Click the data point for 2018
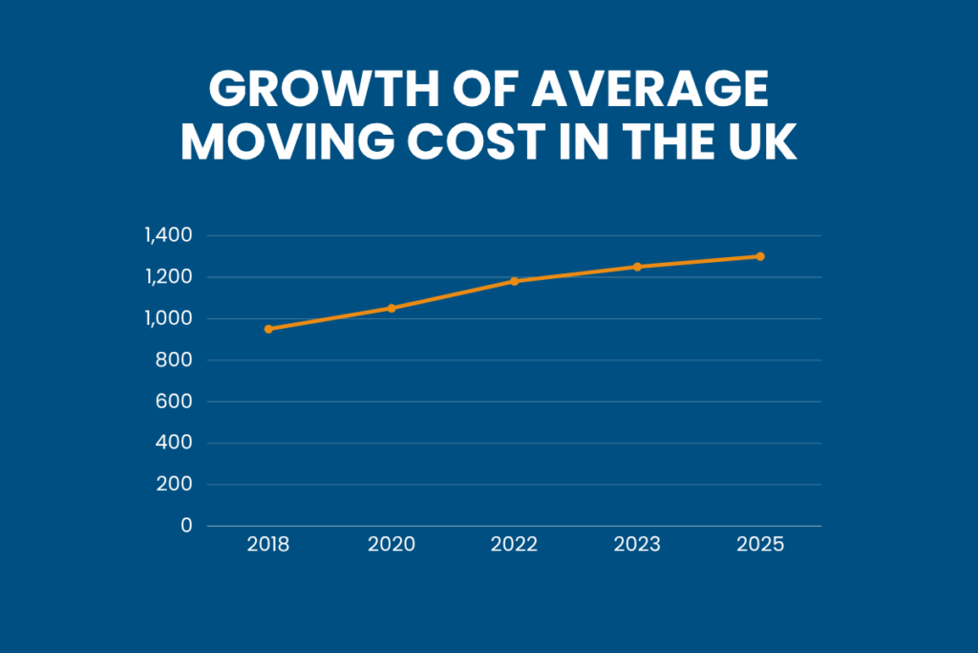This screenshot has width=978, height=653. tap(268, 329)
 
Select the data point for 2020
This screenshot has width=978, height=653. tap(392, 308)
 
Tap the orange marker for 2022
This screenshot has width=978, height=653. tap(514, 281)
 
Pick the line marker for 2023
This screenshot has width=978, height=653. tap(637, 267)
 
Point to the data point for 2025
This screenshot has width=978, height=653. tap(760, 256)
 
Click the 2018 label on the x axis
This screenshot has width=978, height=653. tap(268, 545)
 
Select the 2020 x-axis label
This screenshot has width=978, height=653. tap(392, 545)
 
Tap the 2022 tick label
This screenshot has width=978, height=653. tap(514, 545)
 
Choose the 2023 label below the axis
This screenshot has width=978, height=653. tap(637, 545)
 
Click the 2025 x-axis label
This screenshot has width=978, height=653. tap(760, 545)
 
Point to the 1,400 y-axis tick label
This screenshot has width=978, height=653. tap(168, 235)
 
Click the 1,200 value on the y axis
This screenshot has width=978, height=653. tap(168, 277)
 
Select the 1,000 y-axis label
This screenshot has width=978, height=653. tap(168, 318)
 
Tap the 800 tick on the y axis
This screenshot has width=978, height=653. tap(176, 360)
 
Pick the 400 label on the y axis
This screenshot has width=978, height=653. tap(176, 443)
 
